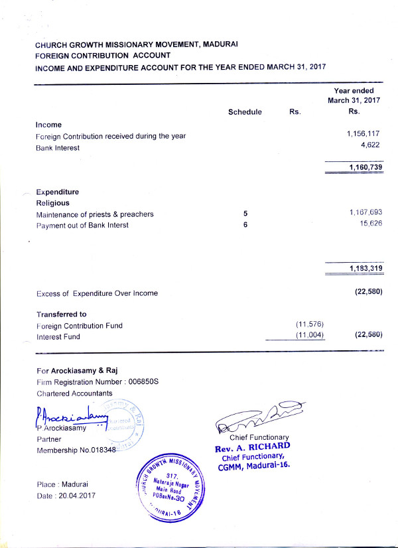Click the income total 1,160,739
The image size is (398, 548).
(x=364, y=167)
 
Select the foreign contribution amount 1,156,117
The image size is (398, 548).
(x=363, y=134)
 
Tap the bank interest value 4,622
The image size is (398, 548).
(x=369, y=145)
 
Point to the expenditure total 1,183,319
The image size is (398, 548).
(x=364, y=268)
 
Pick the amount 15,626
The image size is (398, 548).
(x=370, y=224)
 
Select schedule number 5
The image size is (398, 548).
(x=245, y=214)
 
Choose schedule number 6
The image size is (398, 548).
(x=245, y=225)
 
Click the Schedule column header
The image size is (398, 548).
(x=245, y=112)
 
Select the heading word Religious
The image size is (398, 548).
(x=53, y=203)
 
